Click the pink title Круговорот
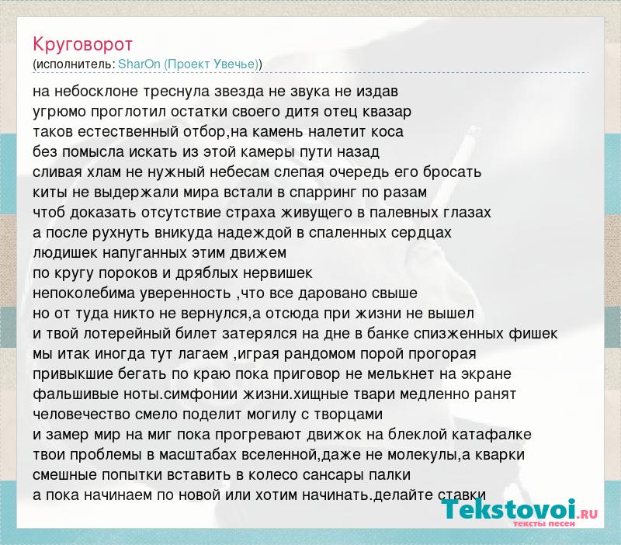(x=82, y=44)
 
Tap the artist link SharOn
(x=139, y=64)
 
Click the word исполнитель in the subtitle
(x=75, y=64)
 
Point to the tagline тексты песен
(x=544, y=523)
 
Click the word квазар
(x=387, y=112)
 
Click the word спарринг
(x=322, y=193)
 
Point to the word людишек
(x=65, y=253)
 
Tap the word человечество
(x=82, y=415)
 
